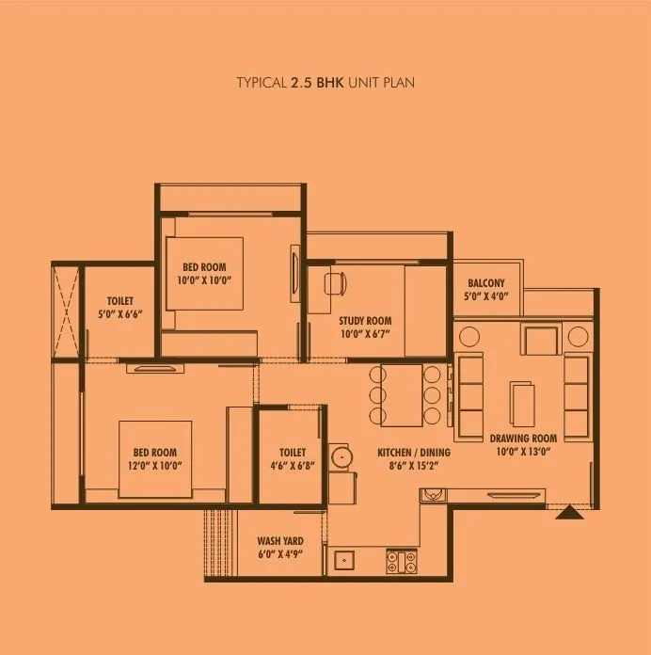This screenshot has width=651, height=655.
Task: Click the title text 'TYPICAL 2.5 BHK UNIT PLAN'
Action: pos(325,83)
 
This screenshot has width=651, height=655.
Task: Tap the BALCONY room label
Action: pos(485,283)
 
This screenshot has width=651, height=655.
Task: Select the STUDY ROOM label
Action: pos(365,321)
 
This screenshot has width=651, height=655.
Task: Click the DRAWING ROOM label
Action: pos(523,439)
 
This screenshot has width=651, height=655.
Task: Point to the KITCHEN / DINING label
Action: pos(413,453)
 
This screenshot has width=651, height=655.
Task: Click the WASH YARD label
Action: pos(279,541)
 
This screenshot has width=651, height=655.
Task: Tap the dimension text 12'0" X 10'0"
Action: pos(154,465)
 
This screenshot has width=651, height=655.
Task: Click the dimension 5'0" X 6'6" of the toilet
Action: pos(119,315)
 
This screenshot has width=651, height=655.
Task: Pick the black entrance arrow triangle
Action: pos(566,513)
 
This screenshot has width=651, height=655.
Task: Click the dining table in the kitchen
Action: pos(405,393)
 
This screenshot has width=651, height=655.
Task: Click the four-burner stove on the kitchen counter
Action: pos(401,561)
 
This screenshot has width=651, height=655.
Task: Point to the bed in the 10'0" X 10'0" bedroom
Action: pos(204,273)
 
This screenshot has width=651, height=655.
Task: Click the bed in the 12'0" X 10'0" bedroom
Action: pos(154,458)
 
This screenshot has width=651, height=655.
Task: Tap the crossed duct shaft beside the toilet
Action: pos(65,309)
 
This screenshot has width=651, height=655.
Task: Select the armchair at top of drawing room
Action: pos(542,339)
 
